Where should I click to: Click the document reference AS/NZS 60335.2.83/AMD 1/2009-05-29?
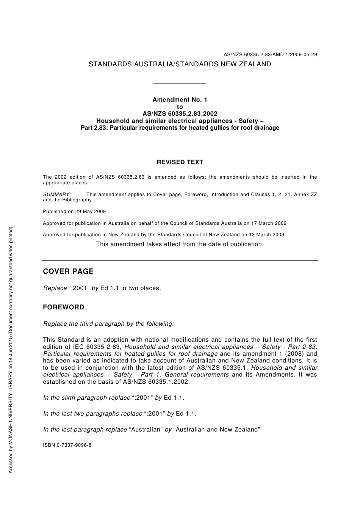coord(270,54)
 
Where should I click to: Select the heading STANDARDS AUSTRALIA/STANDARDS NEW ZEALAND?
coord(180,64)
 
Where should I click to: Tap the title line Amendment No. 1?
coord(180,100)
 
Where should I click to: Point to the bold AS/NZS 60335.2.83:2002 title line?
coord(180,113)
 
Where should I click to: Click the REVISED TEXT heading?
coord(180,162)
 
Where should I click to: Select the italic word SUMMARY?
coord(57,195)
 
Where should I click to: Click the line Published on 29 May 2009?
coord(74,212)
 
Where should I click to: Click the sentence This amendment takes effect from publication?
coord(180,244)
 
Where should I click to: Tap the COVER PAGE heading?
coord(68,271)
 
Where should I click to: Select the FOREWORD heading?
coord(63,307)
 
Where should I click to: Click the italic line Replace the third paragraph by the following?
coord(109,324)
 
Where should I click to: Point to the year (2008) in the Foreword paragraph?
coord(292,354)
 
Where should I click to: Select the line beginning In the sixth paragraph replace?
coord(114,398)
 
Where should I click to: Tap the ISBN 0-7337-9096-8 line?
coord(67,445)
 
